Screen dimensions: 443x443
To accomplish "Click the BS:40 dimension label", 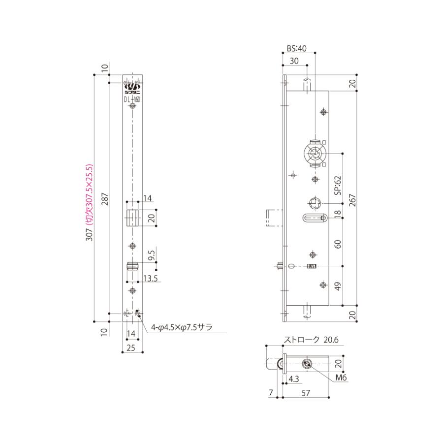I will coord(296,49).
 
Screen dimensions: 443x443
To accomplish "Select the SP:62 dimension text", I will coord(338,186).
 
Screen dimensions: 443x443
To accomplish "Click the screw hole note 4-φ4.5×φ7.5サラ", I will coord(182,326).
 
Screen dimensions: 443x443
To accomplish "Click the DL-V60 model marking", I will coord(132,99).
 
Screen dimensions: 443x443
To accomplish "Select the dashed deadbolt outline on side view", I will coord(273,218).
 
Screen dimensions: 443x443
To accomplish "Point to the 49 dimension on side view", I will coord(338,286).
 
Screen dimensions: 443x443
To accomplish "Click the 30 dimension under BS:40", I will coord(294,61).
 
